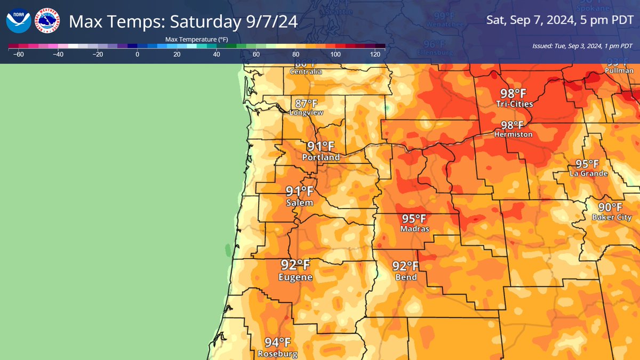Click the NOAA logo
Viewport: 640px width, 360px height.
(x=19, y=22)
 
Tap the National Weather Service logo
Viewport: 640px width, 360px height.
(x=47, y=22)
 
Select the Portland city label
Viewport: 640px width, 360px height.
(x=321, y=158)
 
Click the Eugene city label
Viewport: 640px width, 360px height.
(x=295, y=278)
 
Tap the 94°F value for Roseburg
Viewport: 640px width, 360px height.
(x=278, y=342)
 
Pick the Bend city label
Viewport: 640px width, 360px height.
(x=406, y=277)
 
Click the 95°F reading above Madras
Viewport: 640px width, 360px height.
(x=414, y=219)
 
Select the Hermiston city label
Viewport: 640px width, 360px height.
(x=513, y=135)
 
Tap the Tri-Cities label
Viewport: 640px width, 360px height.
(x=511, y=103)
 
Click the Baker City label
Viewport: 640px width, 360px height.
(x=611, y=217)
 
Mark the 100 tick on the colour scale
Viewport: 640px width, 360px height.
(x=335, y=54)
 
